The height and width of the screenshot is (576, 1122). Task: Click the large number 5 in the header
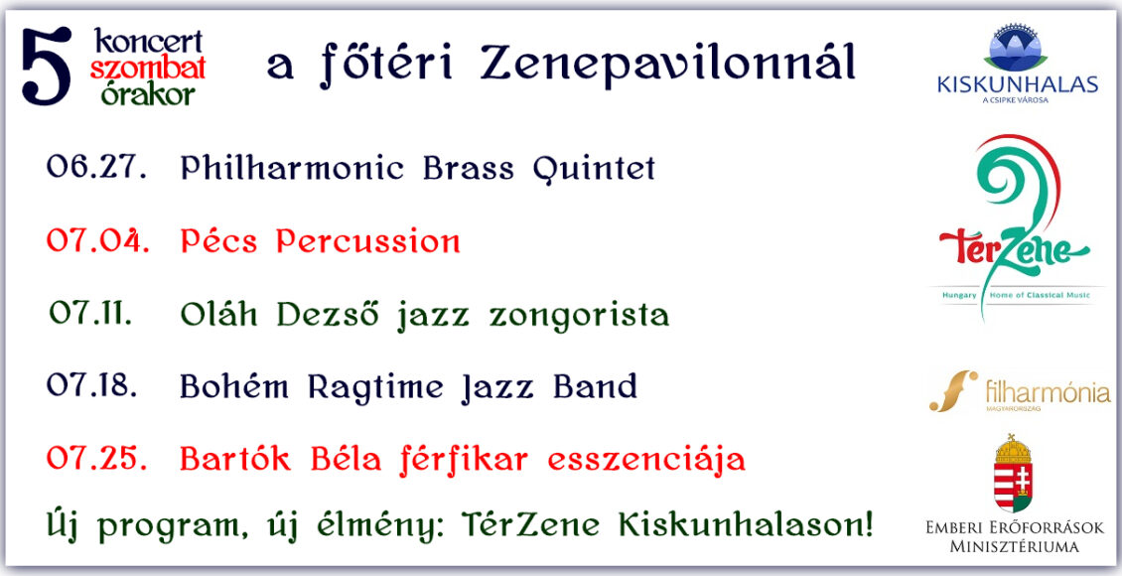pyautogui.click(x=47, y=67)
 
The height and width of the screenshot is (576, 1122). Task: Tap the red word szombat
pyautogui.click(x=147, y=69)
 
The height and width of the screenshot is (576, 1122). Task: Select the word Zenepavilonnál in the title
pyautogui.click(x=667, y=63)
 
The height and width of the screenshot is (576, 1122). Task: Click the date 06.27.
pyautogui.click(x=96, y=167)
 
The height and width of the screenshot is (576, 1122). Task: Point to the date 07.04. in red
pyautogui.click(x=98, y=240)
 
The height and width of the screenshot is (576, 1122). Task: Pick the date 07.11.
pyautogui.click(x=91, y=314)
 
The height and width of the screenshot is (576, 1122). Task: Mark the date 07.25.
pyautogui.click(x=96, y=458)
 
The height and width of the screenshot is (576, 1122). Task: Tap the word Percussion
pyautogui.click(x=368, y=241)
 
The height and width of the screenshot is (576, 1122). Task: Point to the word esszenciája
pyautogui.click(x=646, y=460)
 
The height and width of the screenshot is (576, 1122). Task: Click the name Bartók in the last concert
pyautogui.click(x=235, y=458)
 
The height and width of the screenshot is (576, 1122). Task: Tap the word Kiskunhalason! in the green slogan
pyautogui.click(x=745, y=526)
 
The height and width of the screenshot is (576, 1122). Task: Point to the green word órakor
pyautogui.click(x=147, y=93)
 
